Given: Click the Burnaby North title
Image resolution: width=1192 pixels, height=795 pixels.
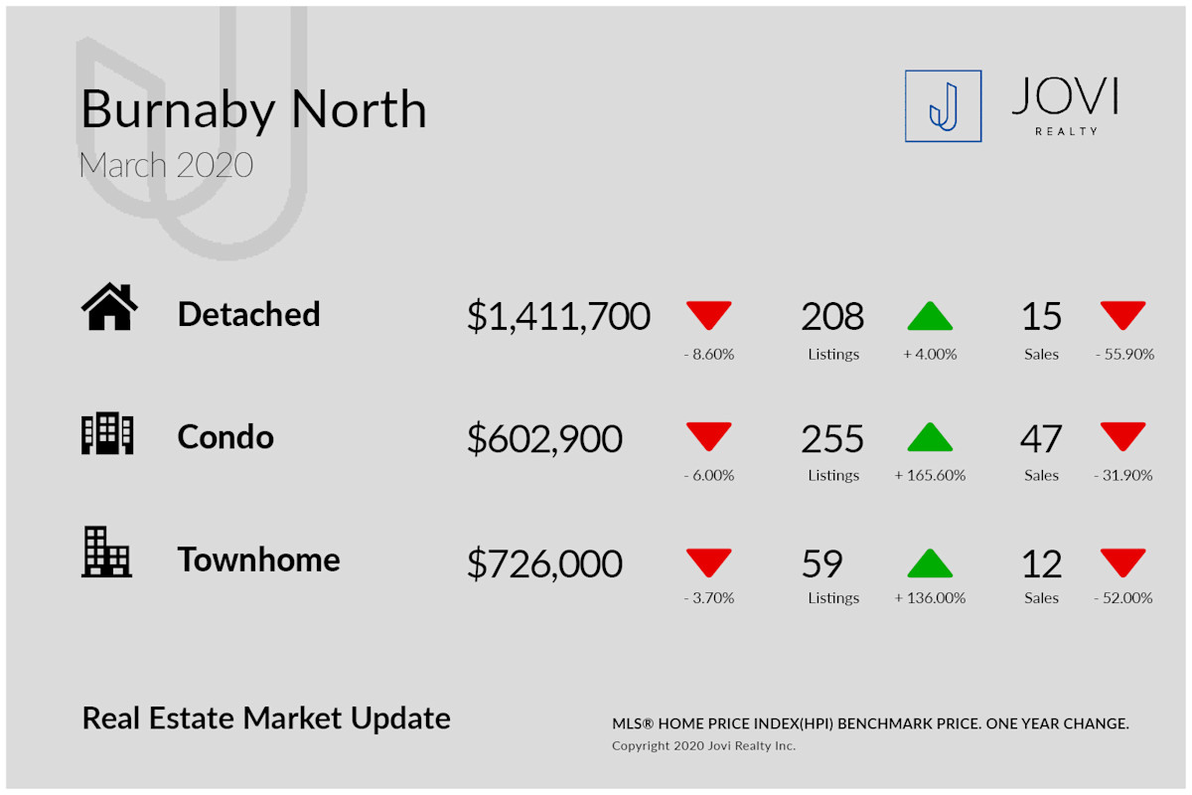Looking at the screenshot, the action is pos(254,110).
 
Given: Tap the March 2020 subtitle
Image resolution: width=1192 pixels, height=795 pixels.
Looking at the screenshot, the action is pos(166,165).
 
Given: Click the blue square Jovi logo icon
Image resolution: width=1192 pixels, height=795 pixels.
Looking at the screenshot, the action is pos(943,106).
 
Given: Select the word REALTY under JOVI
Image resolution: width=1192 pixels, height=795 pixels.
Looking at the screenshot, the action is pos(1067,131).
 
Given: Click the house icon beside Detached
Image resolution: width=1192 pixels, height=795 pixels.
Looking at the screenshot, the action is pos(109,306).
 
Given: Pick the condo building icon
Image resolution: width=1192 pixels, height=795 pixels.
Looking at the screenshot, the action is pos(107,433).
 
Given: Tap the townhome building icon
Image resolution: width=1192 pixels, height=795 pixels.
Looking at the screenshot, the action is pos(106,552).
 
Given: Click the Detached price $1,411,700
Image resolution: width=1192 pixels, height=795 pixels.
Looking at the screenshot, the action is pos(558,316).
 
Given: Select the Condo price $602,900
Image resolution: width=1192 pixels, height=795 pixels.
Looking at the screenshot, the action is pos(544,439).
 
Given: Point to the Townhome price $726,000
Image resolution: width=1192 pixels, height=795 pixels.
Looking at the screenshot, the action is pos(544,563).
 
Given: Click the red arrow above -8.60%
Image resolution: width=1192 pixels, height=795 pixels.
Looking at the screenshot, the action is pos(709,315).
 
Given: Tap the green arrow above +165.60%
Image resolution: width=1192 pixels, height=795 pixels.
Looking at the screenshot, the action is pos(930,436).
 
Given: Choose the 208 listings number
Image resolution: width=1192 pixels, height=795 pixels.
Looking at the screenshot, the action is pos(832,316).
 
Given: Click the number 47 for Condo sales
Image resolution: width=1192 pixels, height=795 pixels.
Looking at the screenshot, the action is pos(1041,439).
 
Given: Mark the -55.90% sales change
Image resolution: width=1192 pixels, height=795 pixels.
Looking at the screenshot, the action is pos(1124,354).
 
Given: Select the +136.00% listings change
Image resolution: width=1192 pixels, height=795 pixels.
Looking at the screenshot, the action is pos(930,598).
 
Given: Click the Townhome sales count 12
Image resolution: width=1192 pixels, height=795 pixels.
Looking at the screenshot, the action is pos(1041,563).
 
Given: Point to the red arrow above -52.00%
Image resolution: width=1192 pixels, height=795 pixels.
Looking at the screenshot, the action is pos(1122,562).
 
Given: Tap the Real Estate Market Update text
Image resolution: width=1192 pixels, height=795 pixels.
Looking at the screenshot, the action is pos(266,718).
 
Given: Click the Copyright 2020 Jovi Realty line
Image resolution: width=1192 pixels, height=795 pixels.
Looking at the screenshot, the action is pos(703,745).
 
